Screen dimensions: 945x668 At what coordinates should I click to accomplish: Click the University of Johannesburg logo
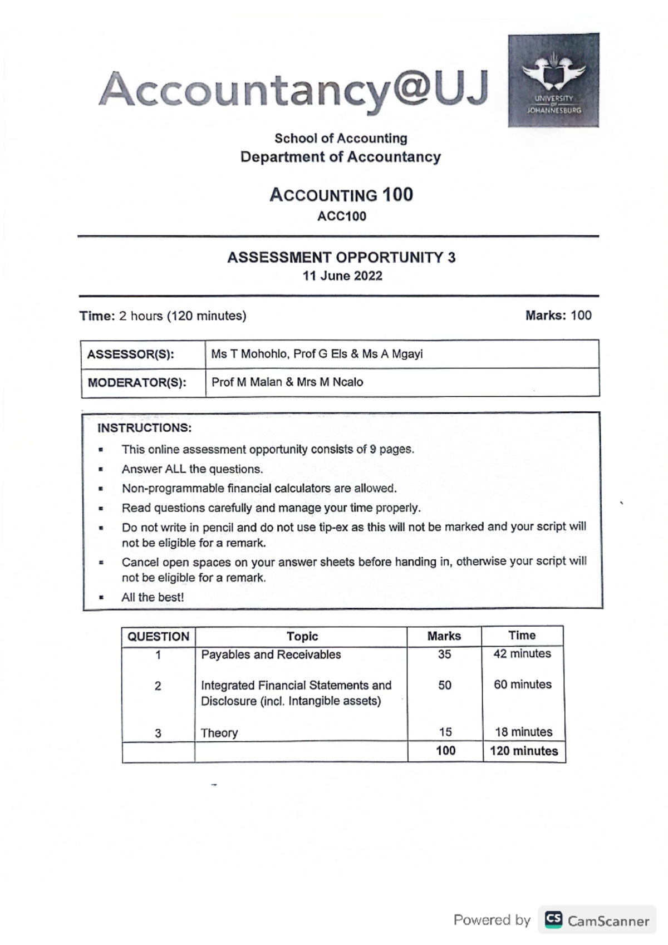pyautogui.click(x=553, y=80)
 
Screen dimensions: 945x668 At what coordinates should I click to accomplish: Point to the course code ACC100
pyautogui.click(x=341, y=216)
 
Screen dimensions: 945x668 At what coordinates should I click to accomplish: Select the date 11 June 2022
pyautogui.click(x=342, y=276)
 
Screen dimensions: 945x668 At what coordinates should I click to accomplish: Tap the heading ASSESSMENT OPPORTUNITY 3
pyautogui.click(x=341, y=258)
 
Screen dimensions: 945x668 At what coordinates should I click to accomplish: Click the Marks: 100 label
pyautogui.click(x=558, y=316)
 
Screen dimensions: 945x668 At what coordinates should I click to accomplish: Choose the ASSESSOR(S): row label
pyautogui.click(x=131, y=355)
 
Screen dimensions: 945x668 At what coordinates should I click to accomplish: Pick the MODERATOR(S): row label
pyautogui.click(x=137, y=383)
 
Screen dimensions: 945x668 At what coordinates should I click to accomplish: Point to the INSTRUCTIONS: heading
pyautogui.click(x=144, y=428)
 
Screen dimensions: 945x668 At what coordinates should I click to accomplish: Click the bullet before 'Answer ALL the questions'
pyautogui.click(x=101, y=469)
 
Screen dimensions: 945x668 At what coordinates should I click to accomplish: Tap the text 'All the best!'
pyautogui.click(x=153, y=597)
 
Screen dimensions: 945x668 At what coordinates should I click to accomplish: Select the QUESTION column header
pyautogui.click(x=158, y=637)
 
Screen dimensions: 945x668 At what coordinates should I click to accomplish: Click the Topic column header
pyautogui.click(x=302, y=636)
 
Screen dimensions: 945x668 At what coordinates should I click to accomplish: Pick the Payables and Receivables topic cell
pyautogui.click(x=271, y=654)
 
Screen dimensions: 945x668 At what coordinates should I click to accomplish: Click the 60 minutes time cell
pyautogui.click(x=522, y=685)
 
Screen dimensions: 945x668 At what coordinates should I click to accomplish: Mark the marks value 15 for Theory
pyautogui.click(x=445, y=732)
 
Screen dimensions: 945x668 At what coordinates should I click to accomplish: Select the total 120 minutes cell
pyautogui.click(x=523, y=751)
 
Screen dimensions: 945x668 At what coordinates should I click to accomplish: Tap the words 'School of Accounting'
pyautogui.click(x=340, y=138)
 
